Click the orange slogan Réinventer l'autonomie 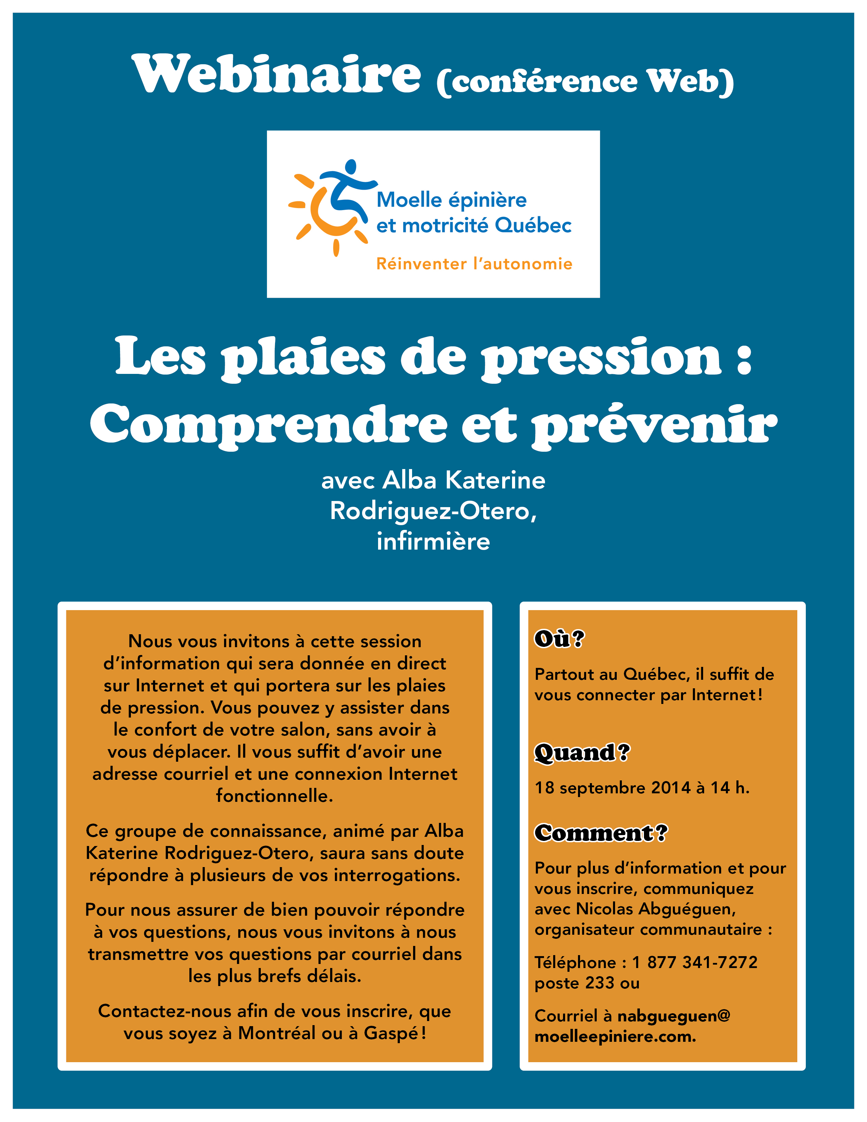coord(474,263)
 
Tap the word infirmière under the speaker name coord(433,541)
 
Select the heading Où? coord(559,639)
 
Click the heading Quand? coord(582,752)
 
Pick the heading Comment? coord(601,833)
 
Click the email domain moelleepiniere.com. coord(615,1036)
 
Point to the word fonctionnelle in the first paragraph coord(274,795)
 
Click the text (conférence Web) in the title coord(585,82)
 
